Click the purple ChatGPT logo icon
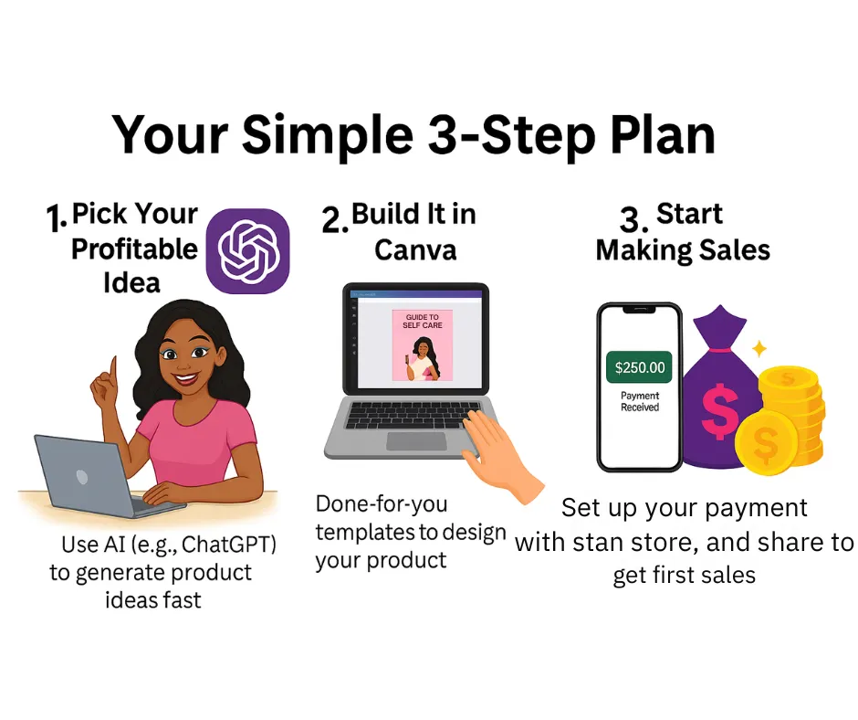(x=248, y=251)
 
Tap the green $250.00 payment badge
(x=639, y=367)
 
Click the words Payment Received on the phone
(x=640, y=401)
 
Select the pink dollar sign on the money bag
(x=719, y=411)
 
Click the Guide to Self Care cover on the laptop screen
(x=423, y=345)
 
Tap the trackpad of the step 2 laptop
(x=416, y=441)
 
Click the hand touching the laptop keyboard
(x=499, y=454)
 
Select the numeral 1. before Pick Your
(x=57, y=217)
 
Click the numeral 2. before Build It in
(x=335, y=219)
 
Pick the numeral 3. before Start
(x=633, y=219)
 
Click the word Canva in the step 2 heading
(x=415, y=250)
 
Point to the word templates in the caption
(x=366, y=532)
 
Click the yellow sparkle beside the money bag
(x=759, y=348)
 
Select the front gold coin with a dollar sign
(x=764, y=441)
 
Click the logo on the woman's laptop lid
(x=82, y=477)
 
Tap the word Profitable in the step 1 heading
(x=134, y=249)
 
